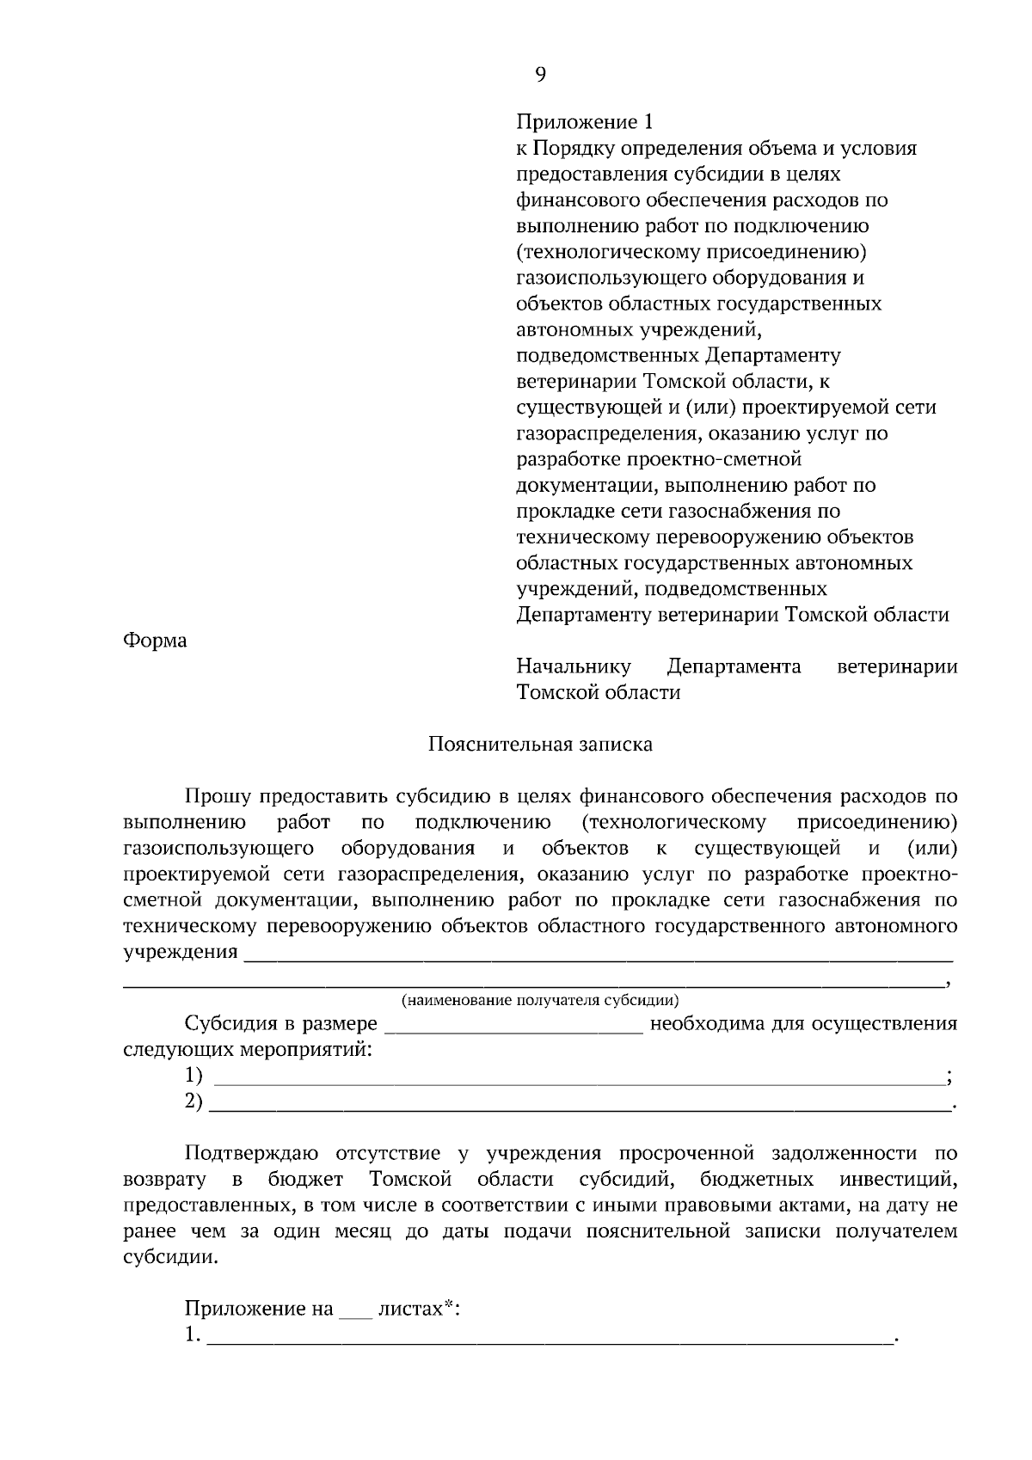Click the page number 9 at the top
coord(539,75)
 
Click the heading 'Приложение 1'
coord(584,122)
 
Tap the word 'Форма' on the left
coord(155,641)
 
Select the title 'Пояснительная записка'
coord(540,745)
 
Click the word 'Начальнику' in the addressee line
coord(573,666)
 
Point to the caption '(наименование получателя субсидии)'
coord(540,1000)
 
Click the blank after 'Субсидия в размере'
coord(513,1025)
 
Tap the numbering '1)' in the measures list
coord(193,1076)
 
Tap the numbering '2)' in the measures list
coord(193,1101)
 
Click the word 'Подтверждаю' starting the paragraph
coord(252,1153)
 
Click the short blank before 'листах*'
coord(355,1310)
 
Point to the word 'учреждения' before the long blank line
coord(181,952)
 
